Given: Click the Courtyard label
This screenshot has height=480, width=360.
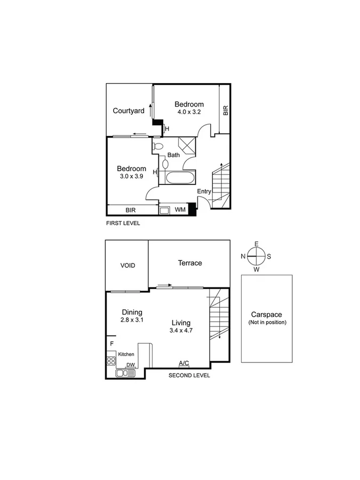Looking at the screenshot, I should (x=129, y=111).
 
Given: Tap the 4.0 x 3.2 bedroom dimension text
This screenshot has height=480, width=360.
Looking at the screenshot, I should (x=189, y=113).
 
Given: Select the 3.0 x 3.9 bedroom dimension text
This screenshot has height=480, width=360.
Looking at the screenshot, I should (x=131, y=177).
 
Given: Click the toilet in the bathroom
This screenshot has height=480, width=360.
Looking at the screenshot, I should (x=158, y=146).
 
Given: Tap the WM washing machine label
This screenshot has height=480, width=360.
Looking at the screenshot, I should (x=180, y=210).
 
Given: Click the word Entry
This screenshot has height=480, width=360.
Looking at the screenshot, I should (x=204, y=191).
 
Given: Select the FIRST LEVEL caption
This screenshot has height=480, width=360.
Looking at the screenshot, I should (x=123, y=223).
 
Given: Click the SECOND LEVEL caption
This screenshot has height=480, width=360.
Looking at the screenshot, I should (x=189, y=375).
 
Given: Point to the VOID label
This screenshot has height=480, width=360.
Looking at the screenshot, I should (x=127, y=265).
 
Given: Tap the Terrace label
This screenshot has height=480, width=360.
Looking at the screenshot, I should (x=190, y=263).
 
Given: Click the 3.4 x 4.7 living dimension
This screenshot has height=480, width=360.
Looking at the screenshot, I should (x=181, y=331).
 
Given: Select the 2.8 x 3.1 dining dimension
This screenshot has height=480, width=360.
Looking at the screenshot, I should (x=132, y=320).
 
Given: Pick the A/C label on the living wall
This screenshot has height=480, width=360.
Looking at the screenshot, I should (x=183, y=363).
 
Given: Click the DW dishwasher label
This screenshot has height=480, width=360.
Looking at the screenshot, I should (x=130, y=365).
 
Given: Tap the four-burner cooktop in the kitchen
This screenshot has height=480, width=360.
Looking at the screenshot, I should (x=111, y=361).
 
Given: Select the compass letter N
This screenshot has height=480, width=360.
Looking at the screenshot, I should (x=243, y=256).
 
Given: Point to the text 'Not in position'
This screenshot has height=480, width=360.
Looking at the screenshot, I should (x=267, y=323).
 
